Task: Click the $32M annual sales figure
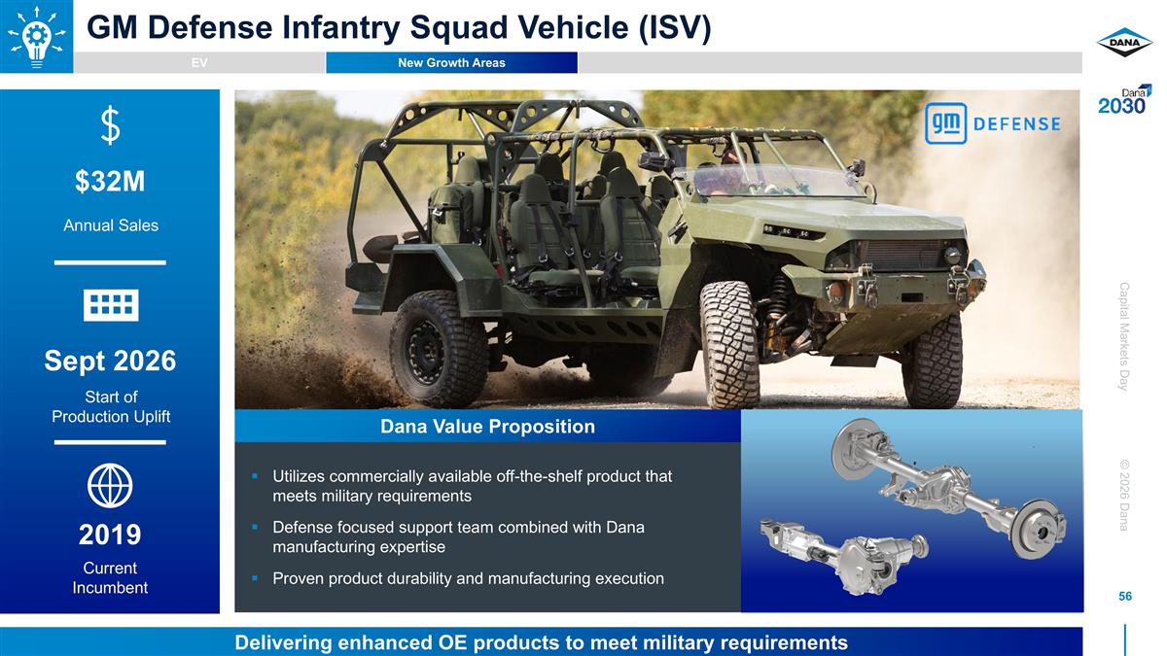[x=110, y=182]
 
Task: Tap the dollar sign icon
[x=110, y=126]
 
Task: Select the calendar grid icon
[x=110, y=305]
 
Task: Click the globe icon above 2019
[x=110, y=485]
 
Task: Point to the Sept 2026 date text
[x=110, y=362]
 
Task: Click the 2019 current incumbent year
[x=110, y=535]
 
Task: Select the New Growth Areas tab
[x=451, y=63]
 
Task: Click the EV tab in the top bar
[x=199, y=63]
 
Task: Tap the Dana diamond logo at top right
[x=1124, y=42]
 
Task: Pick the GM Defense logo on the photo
[x=992, y=123]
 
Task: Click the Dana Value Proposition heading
[x=487, y=427]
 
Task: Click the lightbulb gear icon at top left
[x=35, y=35]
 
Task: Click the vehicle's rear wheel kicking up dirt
[x=438, y=347]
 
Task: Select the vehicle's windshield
[x=768, y=181]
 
